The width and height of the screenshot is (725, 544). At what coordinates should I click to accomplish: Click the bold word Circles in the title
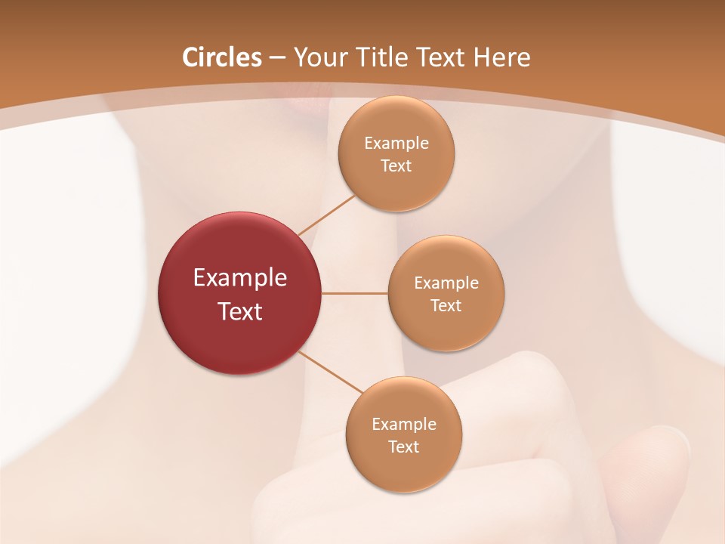point(222,57)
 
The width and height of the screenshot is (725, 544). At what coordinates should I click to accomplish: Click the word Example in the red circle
point(240,278)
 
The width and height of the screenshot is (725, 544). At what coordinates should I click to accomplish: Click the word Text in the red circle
point(240,311)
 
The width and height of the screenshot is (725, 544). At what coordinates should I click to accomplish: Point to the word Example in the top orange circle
point(396,143)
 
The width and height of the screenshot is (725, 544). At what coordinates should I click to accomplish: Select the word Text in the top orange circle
point(396,165)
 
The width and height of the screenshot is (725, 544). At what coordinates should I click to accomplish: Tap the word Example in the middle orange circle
point(446,283)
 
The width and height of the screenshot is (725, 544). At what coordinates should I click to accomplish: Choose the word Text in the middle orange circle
point(446,305)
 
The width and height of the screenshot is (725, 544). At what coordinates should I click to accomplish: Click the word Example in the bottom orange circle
point(403,424)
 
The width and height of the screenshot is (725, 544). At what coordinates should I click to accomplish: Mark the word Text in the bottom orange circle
point(403,447)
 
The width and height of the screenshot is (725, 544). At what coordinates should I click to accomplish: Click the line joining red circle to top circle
point(326,215)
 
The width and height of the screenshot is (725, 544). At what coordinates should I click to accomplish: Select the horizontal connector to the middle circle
point(354,293)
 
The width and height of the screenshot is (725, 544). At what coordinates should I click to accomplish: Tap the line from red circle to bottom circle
point(331,372)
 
